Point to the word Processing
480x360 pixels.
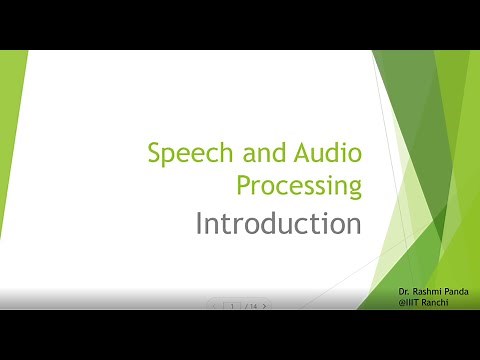[x=299, y=185]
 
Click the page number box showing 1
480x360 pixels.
[x=232, y=306]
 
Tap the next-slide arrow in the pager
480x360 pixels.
[x=264, y=306]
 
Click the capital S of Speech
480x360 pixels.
[x=154, y=154]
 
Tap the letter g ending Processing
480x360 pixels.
[x=354, y=189]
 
